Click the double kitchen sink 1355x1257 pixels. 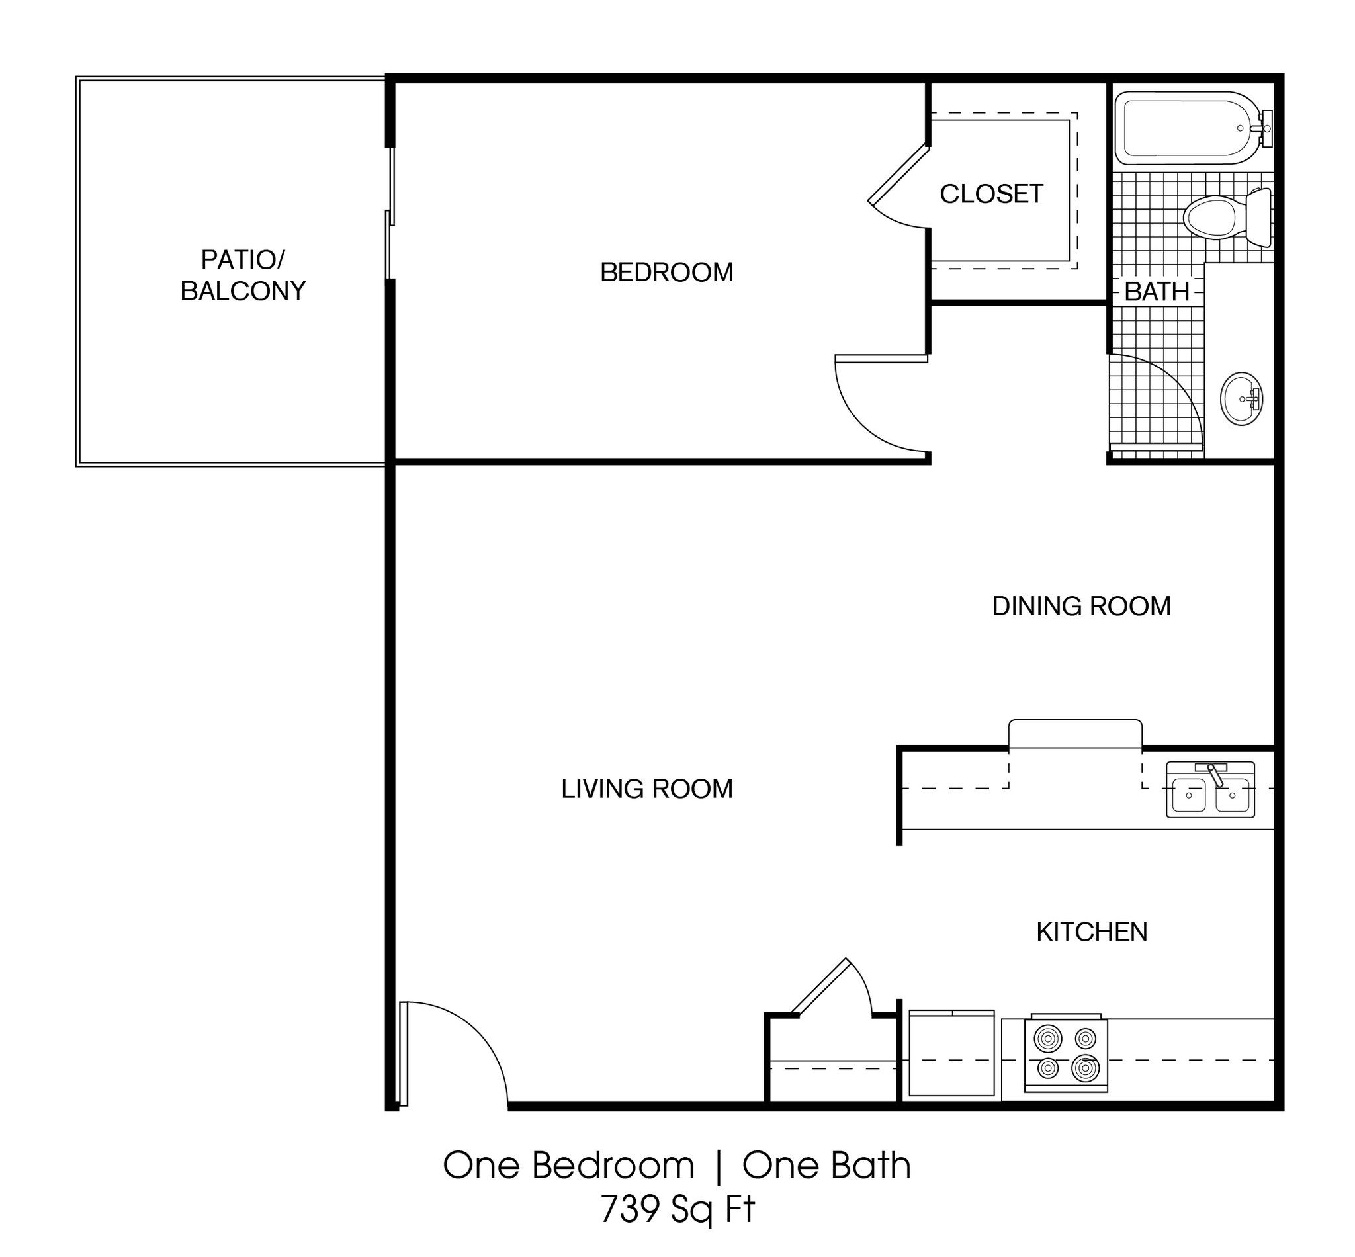point(1209,790)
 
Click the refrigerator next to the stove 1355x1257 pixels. point(951,1053)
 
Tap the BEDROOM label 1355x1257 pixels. point(666,273)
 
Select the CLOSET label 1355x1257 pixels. point(990,195)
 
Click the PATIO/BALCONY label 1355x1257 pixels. point(243,275)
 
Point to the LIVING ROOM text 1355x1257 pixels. point(646,789)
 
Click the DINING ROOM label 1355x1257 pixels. point(1081,606)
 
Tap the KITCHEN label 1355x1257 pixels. point(1091,932)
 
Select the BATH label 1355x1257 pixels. point(1156,292)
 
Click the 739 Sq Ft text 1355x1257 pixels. point(677,1209)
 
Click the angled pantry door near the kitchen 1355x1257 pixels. point(820,986)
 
